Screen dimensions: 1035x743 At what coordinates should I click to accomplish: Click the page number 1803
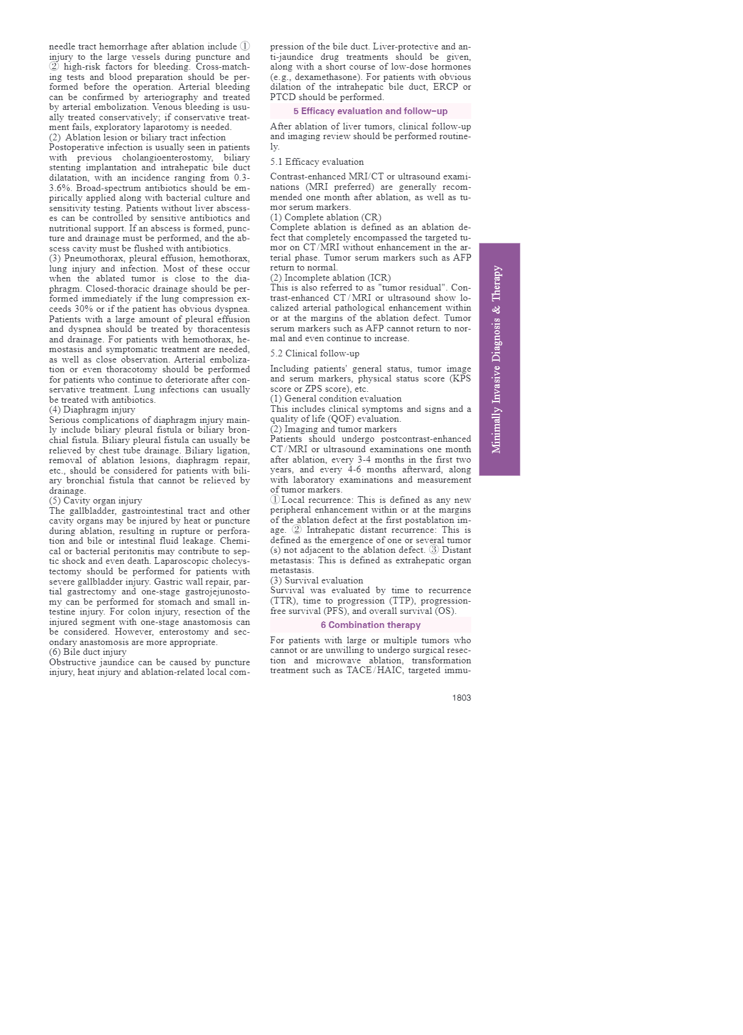[x=461, y=698]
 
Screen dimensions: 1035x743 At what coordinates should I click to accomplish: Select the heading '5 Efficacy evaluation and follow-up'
[x=370, y=111]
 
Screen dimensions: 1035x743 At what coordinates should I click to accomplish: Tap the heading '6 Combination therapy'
[x=370, y=625]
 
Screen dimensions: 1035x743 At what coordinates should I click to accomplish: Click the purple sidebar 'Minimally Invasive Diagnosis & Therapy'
[x=499, y=359]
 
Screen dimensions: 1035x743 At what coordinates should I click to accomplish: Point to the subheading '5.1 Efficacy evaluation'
[x=317, y=162]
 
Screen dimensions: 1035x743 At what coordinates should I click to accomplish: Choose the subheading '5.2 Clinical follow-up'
[x=315, y=353]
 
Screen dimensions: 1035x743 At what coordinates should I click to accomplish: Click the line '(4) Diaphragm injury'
[x=92, y=409]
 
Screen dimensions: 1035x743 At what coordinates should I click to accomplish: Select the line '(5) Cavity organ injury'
[x=95, y=500]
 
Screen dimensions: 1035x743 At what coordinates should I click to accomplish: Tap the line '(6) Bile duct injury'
[x=88, y=652]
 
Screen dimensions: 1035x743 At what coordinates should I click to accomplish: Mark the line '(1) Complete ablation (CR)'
[x=326, y=217]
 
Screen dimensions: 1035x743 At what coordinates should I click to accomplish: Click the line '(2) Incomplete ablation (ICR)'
[x=331, y=278]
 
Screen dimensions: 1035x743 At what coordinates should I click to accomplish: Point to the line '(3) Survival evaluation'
[x=317, y=580]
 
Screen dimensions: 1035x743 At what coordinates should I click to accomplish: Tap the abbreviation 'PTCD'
[x=283, y=97]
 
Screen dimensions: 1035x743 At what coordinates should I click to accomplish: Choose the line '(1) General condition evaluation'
[x=336, y=398]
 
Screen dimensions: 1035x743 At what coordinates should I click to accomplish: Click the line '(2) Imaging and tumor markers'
[x=333, y=429]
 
